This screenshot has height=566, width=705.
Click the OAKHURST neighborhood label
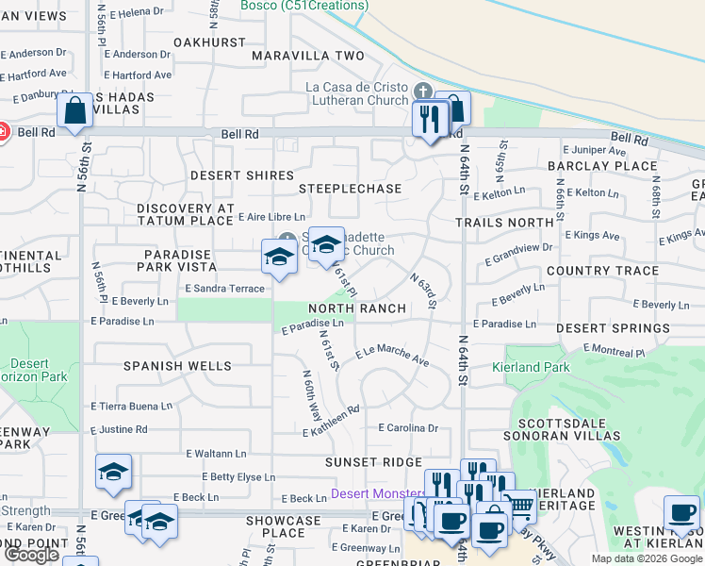click(209, 42)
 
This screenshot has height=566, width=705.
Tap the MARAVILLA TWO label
click(308, 56)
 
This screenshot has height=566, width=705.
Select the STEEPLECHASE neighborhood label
click(350, 189)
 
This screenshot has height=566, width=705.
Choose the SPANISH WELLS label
click(177, 365)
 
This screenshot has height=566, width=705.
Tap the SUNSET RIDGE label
click(373, 462)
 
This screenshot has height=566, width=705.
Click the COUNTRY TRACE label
click(602, 271)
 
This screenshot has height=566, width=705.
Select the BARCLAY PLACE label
click(602, 166)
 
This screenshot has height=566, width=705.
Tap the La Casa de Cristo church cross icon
click(422, 92)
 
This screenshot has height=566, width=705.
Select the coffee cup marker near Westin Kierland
click(680, 515)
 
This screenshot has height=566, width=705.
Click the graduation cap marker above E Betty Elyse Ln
click(113, 471)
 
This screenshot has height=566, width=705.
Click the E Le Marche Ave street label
click(392, 355)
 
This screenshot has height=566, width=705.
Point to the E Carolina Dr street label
click(408, 427)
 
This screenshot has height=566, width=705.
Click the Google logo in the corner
click(31, 555)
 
